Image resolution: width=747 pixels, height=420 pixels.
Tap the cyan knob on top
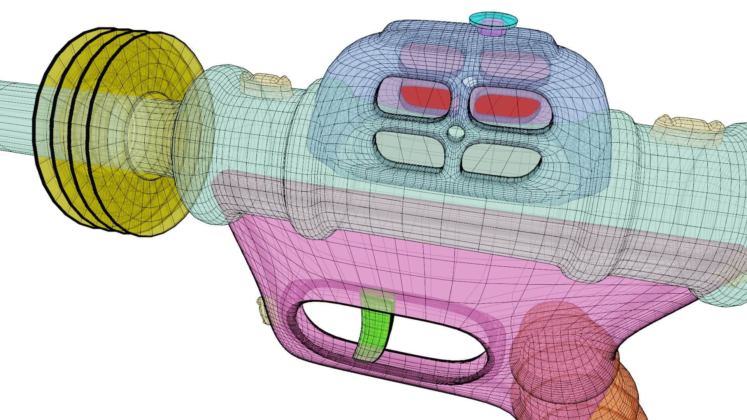(493, 19)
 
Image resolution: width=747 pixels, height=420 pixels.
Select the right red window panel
(506, 105)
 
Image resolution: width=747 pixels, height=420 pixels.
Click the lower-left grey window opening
(409, 150)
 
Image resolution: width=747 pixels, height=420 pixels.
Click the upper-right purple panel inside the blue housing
(514, 64)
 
